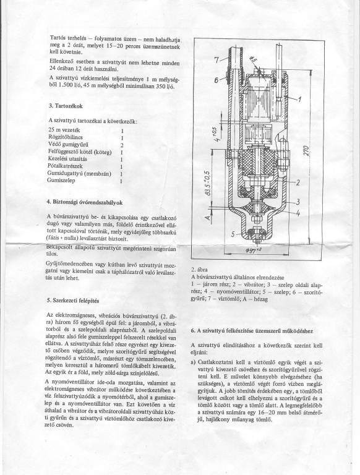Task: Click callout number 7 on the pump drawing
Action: (217, 59)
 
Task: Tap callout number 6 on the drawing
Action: (217, 80)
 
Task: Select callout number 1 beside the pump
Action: (300, 99)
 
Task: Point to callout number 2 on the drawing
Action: (298, 182)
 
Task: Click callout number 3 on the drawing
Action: (298, 202)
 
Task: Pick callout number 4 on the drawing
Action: (298, 213)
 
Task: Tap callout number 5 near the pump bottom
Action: (233, 234)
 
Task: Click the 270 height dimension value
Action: (307, 151)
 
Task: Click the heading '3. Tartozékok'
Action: (66, 106)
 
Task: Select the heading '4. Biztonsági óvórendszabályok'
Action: (85, 202)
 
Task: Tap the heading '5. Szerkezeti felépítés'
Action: (73, 301)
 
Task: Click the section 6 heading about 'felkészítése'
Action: (252, 331)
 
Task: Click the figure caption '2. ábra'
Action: (199, 269)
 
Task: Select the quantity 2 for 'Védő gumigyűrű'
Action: (122, 145)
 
